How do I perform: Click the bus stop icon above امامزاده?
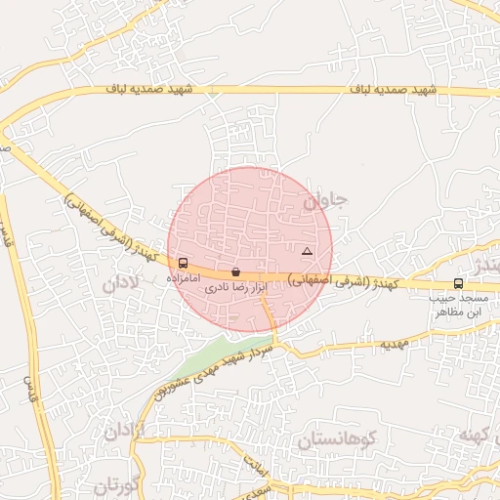[184, 263]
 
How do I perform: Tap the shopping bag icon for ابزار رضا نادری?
[235, 272]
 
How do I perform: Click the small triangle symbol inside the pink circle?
[308, 252]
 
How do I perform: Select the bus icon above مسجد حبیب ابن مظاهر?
[459, 283]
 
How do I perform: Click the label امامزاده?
[184, 278]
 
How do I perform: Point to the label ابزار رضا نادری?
[234, 289]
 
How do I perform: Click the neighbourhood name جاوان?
[325, 202]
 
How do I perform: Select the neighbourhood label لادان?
[119, 283]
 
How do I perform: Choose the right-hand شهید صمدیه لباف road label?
[390, 91]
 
